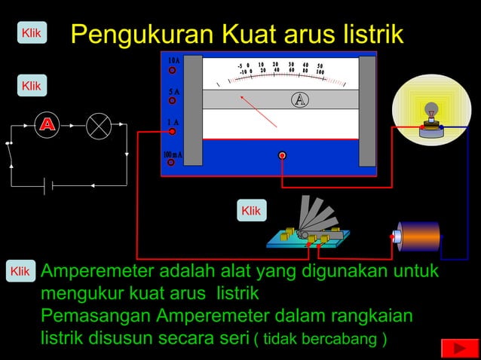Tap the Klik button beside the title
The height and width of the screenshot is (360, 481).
pyautogui.click(x=31, y=33)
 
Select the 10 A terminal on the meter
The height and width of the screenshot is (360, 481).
pyautogui.click(x=172, y=70)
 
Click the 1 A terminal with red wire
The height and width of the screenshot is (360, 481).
pyautogui.click(x=172, y=131)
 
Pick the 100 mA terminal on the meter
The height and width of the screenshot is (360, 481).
pyautogui.click(x=172, y=161)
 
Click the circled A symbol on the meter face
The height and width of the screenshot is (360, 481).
pyautogui.click(x=300, y=100)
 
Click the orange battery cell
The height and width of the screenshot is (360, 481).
pyautogui.click(x=419, y=236)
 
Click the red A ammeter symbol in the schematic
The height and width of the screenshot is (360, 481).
pyautogui.click(x=47, y=125)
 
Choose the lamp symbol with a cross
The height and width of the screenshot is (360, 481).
pyautogui.click(x=98, y=126)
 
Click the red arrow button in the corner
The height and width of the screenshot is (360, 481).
pyautogui.click(x=455, y=347)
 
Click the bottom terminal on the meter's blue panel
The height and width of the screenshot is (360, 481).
pyautogui.click(x=282, y=155)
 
